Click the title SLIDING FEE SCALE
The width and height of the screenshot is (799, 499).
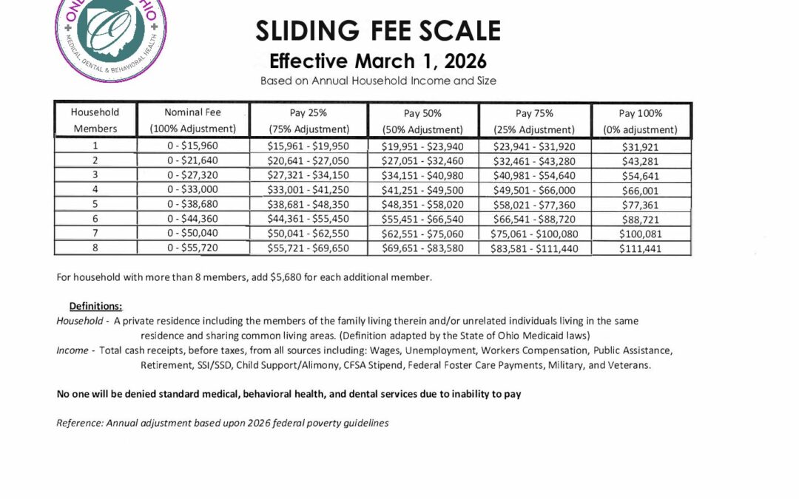point(378,31)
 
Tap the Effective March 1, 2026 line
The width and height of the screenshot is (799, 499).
point(378,61)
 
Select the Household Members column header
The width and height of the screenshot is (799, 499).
point(95,120)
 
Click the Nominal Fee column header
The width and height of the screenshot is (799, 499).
point(192,120)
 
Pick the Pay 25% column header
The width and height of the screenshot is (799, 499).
point(309,120)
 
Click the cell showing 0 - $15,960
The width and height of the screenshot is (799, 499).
point(192,146)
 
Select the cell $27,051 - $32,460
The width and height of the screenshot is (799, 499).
point(422,161)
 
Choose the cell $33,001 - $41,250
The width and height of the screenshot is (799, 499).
point(309,191)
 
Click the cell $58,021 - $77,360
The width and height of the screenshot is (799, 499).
point(535,205)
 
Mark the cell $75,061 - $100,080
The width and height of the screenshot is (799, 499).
point(535,234)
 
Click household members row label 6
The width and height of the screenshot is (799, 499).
point(95,219)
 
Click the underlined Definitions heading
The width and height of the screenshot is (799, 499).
point(95,306)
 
